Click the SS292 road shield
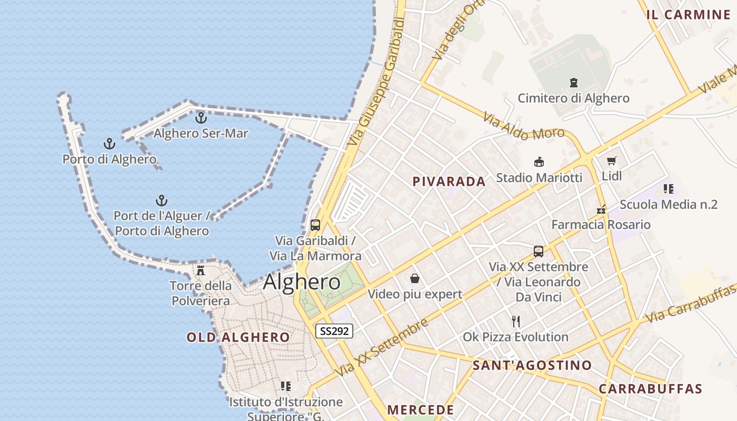click(334, 331)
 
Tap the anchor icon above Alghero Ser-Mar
click(201, 118)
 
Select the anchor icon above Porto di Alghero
click(109, 144)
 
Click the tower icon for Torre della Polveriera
click(201, 270)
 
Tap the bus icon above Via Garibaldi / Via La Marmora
click(315, 225)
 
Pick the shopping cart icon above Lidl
click(611, 161)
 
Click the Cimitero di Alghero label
click(573, 98)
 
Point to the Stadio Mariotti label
click(539, 178)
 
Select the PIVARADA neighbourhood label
click(449, 182)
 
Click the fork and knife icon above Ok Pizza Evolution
click(516, 321)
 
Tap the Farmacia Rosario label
click(601, 225)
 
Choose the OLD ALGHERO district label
click(238, 337)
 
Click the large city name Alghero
click(302, 282)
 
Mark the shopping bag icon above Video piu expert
click(415, 278)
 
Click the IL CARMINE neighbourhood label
click(688, 15)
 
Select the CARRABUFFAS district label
click(650, 389)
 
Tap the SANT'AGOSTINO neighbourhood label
click(532, 365)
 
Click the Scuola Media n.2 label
click(669, 205)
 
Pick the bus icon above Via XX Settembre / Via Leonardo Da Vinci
click(538, 252)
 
